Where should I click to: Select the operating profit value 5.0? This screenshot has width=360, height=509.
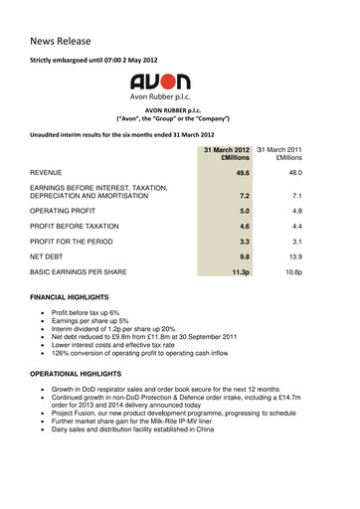[239, 211]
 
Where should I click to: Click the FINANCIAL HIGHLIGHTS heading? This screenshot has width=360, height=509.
[72, 298]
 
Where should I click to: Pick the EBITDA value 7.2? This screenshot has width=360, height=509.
[239, 197]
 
